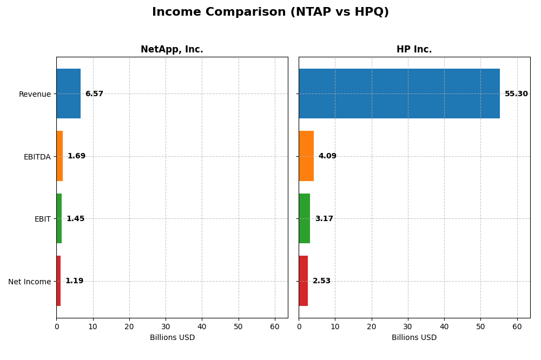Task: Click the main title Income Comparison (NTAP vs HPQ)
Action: pos(270,12)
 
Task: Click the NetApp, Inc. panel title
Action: pos(171,50)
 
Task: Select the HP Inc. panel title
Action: pos(414,50)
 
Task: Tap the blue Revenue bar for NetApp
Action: pos(68,94)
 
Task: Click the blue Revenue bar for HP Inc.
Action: pos(399,94)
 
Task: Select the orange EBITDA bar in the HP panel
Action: pos(306,156)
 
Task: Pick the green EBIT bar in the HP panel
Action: pos(305,218)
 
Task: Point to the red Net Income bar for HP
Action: pos(304,281)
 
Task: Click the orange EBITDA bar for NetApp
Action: pos(60,156)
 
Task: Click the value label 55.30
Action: pos(516,94)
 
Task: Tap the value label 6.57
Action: pos(94,94)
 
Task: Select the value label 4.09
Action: pos(327,156)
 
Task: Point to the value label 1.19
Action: pos(75,281)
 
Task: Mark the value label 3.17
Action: pos(324,219)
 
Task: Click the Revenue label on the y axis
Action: pos(35,95)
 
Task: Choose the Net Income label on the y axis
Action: pos(30,282)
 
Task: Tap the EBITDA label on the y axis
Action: pos(37,157)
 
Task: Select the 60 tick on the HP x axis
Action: pos(517,326)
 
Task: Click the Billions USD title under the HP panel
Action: pos(414,338)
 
